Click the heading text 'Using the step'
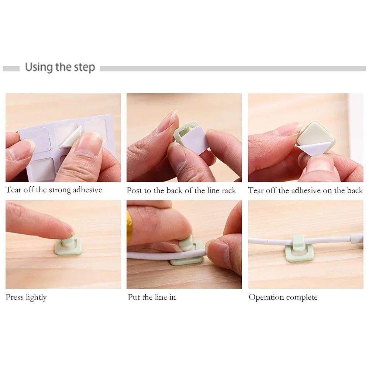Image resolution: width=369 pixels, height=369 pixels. pos(60,68)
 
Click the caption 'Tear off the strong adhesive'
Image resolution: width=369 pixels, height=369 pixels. pos(54,190)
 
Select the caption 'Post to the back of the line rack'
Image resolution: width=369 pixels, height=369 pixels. pos(181,190)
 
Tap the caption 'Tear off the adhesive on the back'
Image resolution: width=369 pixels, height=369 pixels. pos(305,190)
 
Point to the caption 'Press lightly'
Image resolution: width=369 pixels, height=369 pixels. pos(26,297)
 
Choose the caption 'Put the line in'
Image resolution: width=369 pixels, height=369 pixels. pos(152,297)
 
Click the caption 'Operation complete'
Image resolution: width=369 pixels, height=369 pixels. pos(283,297)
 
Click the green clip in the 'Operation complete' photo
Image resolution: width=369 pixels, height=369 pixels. pos(299,249)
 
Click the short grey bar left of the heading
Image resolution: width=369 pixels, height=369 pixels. pos(11,68)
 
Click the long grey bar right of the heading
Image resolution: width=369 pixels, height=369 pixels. pos(232,68)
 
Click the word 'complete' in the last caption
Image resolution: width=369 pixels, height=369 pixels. pos(301,297)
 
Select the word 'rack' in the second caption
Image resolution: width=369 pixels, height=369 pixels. pos(229,190)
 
